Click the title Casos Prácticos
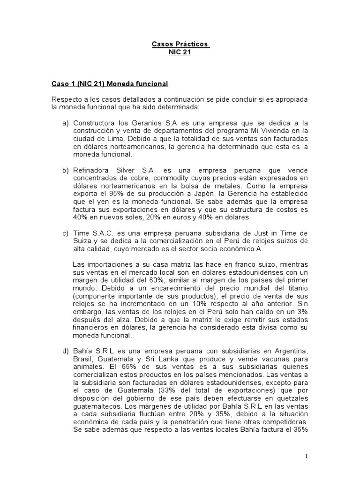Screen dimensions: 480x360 (x=180, y=45)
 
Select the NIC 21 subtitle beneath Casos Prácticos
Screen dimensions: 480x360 (x=180, y=52)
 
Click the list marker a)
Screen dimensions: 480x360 (x=65, y=123)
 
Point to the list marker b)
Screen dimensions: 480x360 (x=65, y=171)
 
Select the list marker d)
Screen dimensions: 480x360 (x=65, y=351)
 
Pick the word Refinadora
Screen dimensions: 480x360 (x=90, y=171)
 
